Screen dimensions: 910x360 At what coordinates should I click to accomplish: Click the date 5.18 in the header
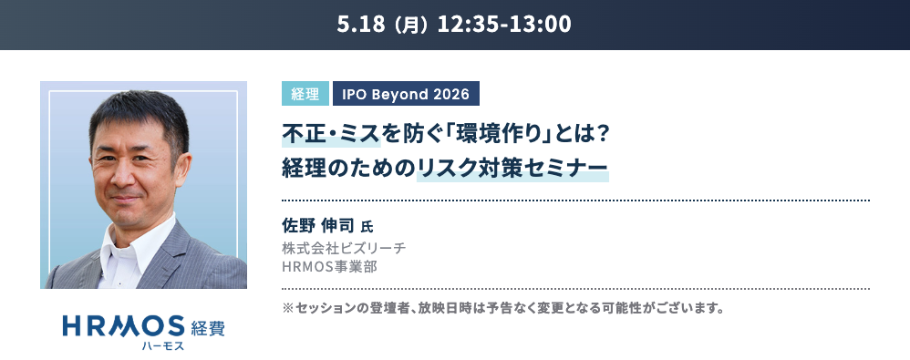[359, 25]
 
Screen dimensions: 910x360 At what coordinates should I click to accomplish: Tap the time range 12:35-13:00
[504, 25]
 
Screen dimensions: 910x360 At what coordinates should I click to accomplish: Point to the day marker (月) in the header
[409, 25]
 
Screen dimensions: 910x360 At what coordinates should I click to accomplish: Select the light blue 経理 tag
[305, 93]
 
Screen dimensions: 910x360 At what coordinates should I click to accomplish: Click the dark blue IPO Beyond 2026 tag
[406, 93]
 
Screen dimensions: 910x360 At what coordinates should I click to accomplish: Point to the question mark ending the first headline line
[601, 135]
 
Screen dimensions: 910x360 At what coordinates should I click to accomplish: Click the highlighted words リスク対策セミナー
[512, 168]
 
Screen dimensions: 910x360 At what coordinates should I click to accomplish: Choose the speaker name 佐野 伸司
[318, 225]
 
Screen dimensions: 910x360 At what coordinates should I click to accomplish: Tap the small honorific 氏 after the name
[367, 227]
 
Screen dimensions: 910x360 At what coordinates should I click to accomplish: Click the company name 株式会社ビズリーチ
[344, 248]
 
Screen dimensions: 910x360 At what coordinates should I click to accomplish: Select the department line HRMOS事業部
[330, 267]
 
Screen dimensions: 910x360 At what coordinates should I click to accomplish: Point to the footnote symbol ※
[288, 308]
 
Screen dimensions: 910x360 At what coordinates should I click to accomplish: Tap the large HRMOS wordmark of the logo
[124, 326]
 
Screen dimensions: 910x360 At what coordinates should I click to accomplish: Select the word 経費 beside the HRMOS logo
[208, 328]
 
